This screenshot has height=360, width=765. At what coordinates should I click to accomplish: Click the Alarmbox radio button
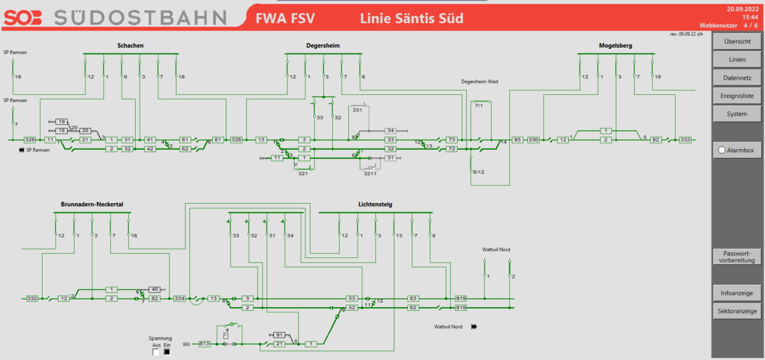point(722,150)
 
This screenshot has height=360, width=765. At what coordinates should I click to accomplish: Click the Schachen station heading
point(130,46)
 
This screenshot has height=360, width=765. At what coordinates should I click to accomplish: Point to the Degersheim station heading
point(323,46)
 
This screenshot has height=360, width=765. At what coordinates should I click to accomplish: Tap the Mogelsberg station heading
point(616,46)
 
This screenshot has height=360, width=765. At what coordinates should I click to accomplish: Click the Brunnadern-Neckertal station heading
point(92,205)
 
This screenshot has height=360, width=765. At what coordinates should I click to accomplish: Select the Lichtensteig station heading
point(375,205)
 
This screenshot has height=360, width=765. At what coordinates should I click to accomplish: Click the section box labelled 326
point(29,140)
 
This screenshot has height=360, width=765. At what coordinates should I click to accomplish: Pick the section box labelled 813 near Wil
point(205,344)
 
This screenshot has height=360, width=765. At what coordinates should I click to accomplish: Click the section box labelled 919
point(462,298)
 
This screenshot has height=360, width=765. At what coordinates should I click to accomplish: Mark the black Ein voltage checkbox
point(168,352)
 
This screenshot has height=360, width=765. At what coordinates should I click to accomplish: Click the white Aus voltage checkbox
point(156,352)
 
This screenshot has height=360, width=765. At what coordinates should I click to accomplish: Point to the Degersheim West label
point(480,82)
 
